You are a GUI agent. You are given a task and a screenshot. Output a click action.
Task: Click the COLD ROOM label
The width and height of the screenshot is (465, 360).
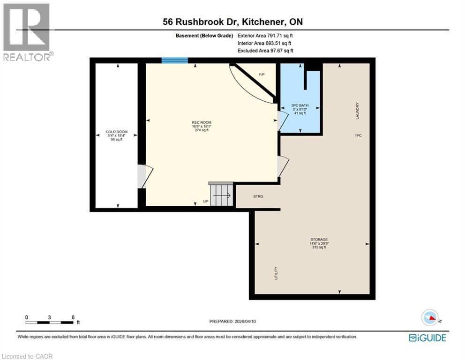pos(116,132)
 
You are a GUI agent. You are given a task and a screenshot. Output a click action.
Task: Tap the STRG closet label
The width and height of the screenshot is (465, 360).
pos(258,196)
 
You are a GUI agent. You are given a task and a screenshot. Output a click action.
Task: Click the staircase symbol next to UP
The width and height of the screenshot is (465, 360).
pos(221,195)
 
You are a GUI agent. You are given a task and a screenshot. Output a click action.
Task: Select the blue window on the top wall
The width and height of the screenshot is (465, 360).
pos(175,60)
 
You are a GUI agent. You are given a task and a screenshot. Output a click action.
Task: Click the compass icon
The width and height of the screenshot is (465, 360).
pos(429,317)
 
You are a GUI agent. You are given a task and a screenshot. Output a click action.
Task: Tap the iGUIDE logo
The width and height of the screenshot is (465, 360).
pos(427,337)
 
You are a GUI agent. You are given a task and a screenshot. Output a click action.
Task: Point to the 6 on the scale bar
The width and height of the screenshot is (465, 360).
pos(73,317)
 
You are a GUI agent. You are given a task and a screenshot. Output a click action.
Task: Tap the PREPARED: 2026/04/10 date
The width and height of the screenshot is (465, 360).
pos(232,321)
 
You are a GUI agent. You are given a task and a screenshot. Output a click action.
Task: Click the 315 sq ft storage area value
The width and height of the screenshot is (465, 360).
pos(319,247)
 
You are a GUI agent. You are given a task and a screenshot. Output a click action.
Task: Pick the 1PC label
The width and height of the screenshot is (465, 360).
pos(358,135)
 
